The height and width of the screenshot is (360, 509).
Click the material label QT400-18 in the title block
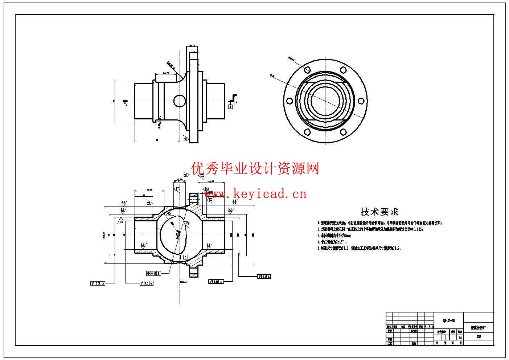click(x=449, y=320)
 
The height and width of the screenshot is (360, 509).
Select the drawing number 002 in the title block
click(x=479, y=336)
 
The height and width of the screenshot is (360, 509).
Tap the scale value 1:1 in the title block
click(x=460, y=337)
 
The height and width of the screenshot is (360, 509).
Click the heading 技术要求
click(x=379, y=212)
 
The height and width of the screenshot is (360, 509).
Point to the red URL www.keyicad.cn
click(x=256, y=194)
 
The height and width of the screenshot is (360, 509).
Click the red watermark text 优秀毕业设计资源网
click(x=256, y=168)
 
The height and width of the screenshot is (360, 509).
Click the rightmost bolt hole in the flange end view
click(x=360, y=101)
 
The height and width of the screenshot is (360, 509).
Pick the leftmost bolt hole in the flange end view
click(x=290, y=101)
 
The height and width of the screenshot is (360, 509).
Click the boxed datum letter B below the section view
click(x=185, y=257)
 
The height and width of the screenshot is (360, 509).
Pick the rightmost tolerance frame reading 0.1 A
click(x=264, y=277)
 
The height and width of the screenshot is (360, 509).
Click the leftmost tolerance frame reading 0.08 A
click(x=98, y=283)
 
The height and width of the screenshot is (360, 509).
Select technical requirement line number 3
click(x=334, y=235)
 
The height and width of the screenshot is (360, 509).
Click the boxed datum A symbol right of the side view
click(x=230, y=106)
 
